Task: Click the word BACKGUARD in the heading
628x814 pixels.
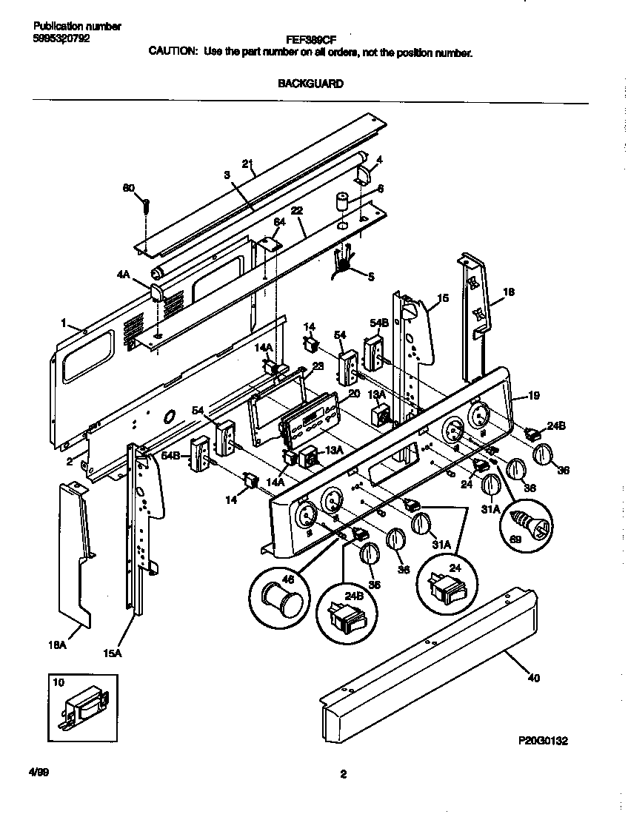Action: [310, 84]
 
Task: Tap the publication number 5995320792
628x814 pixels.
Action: [62, 38]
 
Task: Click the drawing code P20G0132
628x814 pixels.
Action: [544, 740]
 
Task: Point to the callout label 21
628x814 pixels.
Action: [247, 164]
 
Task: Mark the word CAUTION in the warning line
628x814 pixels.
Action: [173, 53]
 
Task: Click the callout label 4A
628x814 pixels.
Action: [123, 273]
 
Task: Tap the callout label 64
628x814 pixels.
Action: [279, 222]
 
